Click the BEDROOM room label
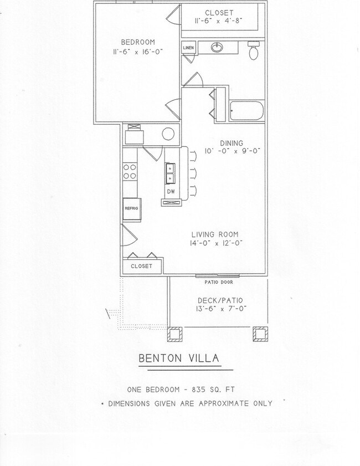click(138, 42)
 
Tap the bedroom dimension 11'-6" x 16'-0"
click(138, 52)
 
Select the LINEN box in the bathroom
click(188, 49)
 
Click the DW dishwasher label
click(171, 192)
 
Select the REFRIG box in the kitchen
click(131, 209)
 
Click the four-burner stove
click(130, 172)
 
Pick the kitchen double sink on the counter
click(171, 173)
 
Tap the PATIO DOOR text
click(218, 282)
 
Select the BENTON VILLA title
click(178, 359)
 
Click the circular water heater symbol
click(169, 134)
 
